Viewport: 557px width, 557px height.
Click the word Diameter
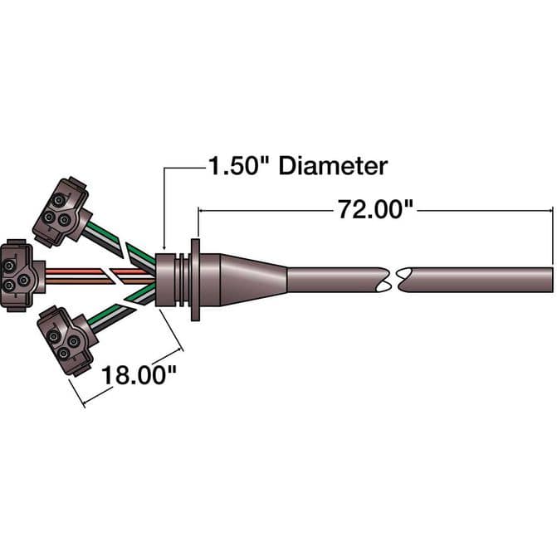click(333, 166)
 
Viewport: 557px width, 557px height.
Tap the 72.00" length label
click(375, 209)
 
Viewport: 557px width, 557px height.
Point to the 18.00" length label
click(139, 374)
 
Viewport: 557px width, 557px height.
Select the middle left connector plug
click(22, 276)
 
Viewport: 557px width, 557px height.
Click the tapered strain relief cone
click(254, 280)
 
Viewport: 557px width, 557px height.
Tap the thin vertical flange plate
click(195, 280)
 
